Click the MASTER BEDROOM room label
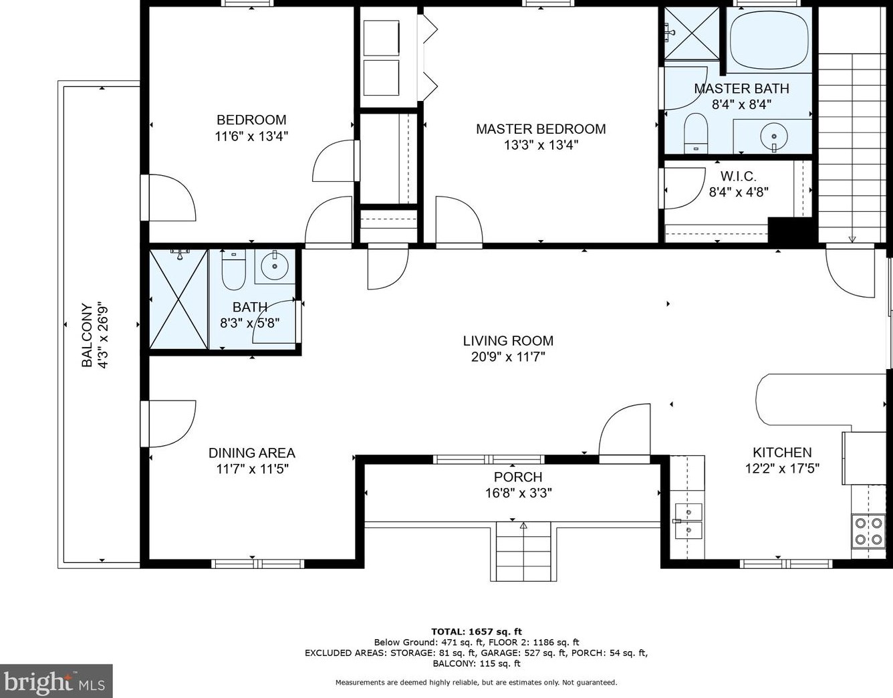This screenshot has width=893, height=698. (541, 129)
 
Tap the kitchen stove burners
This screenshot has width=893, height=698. (869, 531)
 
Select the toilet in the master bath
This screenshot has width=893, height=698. (695, 132)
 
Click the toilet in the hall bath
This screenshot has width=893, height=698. (233, 269)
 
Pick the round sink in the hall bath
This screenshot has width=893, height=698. (275, 266)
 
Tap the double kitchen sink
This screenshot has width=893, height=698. (688, 521)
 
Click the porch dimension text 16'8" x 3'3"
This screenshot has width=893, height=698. (518, 493)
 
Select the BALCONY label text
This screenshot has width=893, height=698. (87, 336)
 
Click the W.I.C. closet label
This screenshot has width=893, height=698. (739, 177)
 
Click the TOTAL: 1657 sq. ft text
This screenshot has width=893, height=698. (477, 632)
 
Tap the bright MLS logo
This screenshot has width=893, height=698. (56, 681)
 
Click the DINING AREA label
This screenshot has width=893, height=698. (252, 453)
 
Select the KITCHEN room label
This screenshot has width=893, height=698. (782, 453)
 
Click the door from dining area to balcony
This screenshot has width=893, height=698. (168, 423)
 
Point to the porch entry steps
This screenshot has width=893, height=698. (523, 551)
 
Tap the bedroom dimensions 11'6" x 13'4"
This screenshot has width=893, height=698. (251, 136)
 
